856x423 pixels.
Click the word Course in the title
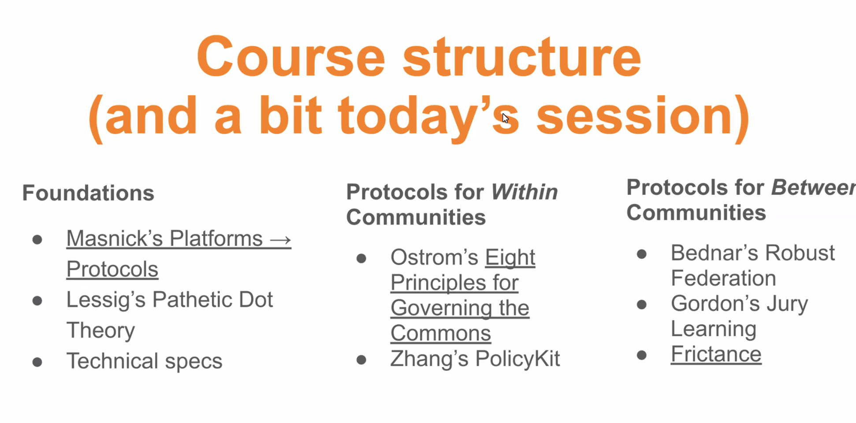click(x=291, y=57)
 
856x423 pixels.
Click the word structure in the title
click(x=522, y=57)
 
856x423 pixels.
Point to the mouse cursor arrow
click(x=506, y=118)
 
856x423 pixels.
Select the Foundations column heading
click(x=88, y=193)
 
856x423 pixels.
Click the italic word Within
click(x=525, y=192)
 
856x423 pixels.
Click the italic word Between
click(x=814, y=187)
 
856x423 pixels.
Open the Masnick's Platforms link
click(x=179, y=254)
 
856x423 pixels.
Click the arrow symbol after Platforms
click(x=280, y=240)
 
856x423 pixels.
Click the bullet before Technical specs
click(x=37, y=362)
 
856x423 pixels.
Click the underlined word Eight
click(x=510, y=257)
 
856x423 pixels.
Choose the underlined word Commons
click(x=441, y=333)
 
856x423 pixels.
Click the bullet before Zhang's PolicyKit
click(x=361, y=360)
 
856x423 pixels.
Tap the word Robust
click(x=800, y=253)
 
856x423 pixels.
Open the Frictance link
click(x=716, y=354)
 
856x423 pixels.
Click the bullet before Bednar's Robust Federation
click(x=642, y=254)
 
